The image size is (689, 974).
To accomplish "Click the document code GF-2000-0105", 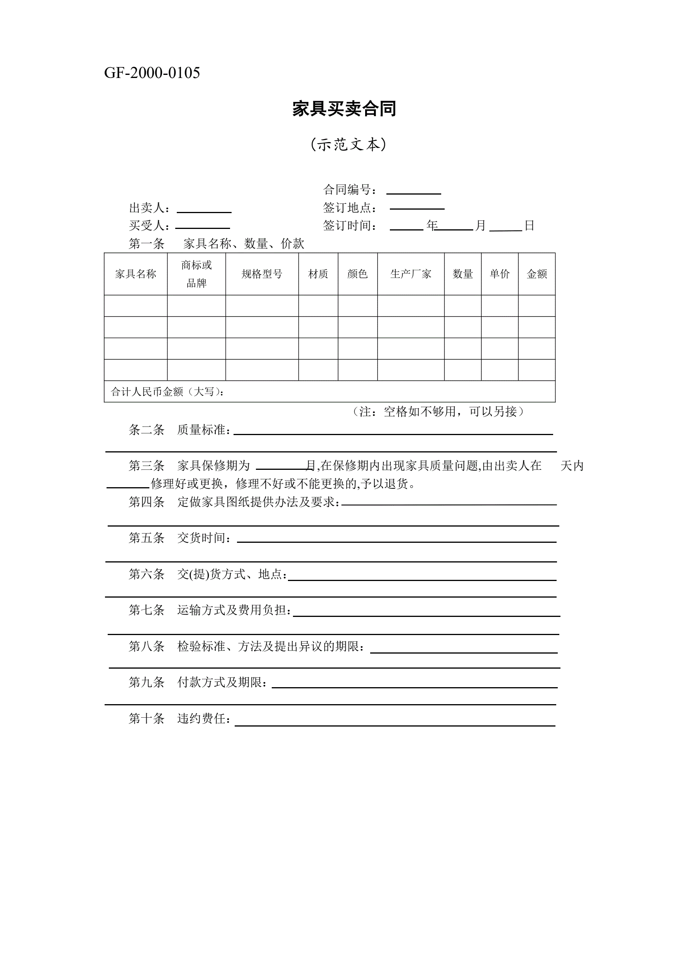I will [x=152, y=73].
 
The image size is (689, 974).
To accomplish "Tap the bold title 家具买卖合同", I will [x=344, y=108].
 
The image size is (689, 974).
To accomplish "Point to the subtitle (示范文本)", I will [x=348, y=145].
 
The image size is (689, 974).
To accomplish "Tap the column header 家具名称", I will [x=135, y=274].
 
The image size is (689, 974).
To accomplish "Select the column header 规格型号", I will [x=262, y=274].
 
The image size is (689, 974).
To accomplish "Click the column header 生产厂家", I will [x=410, y=274].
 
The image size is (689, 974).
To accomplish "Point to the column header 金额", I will [x=536, y=274].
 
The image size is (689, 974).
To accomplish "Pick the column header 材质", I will [x=318, y=274].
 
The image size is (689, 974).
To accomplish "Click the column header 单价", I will [x=499, y=274].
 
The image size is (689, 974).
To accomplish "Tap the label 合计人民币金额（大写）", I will [x=167, y=391].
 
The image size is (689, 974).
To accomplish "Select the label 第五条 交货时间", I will [x=180, y=538].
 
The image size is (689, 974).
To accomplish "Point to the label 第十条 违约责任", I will [x=180, y=718].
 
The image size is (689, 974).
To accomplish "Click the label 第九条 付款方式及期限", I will [x=198, y=682].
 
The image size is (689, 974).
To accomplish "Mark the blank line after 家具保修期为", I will [x=281, y=468].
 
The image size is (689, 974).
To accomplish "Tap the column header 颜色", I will [x=357, y=274].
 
